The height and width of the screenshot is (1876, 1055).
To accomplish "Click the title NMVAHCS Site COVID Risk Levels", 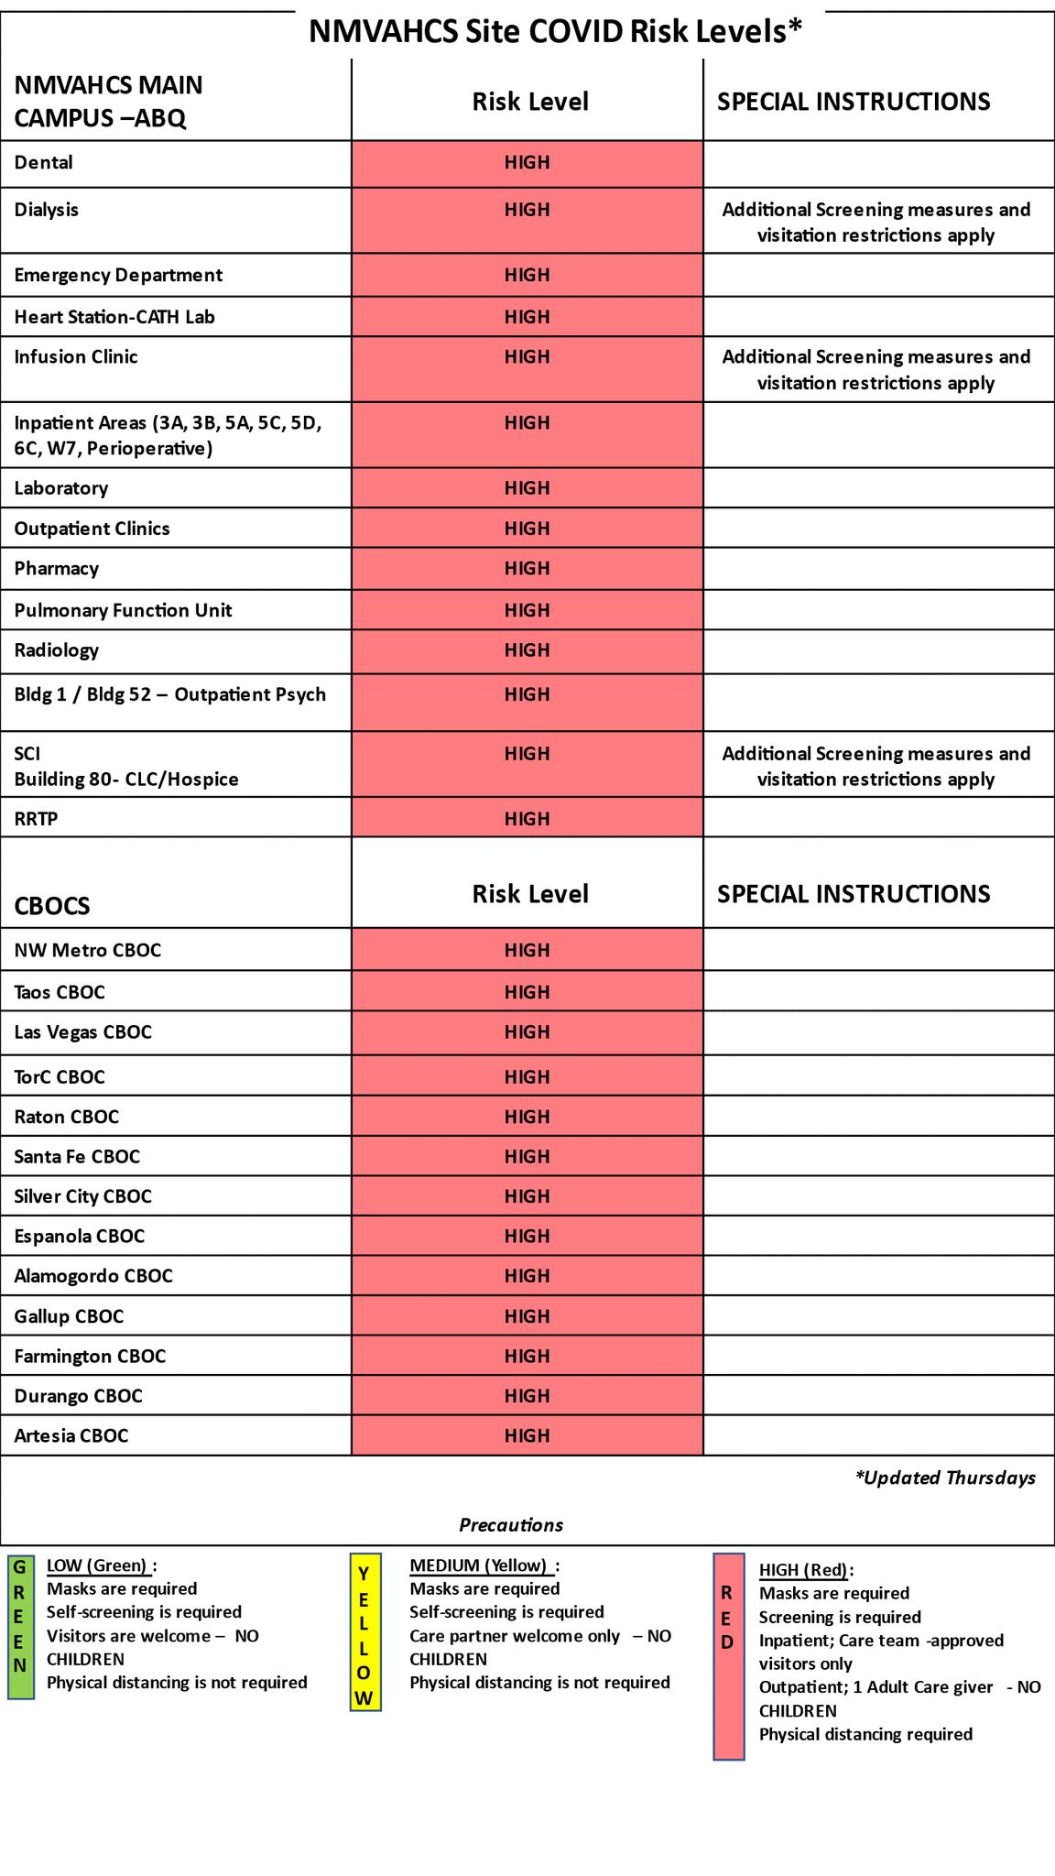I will point(555,31).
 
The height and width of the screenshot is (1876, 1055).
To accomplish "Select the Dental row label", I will point(43,163).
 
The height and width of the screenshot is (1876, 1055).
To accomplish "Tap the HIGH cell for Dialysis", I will point(527,211).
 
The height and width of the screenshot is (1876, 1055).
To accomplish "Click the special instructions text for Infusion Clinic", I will point(876,370).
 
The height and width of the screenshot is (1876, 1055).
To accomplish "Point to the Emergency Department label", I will point(118,276).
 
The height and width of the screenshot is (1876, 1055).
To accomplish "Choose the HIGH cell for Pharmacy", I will point(527,569).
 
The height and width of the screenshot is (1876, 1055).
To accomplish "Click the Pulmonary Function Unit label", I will point(123,611).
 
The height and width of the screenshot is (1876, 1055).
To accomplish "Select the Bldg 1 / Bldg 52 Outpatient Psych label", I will point(169,694).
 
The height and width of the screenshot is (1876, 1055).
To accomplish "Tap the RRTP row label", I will point(36,819).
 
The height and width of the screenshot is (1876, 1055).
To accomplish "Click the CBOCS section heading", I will point(52,906).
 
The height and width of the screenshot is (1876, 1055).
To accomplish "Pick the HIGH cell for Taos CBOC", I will point(527,992).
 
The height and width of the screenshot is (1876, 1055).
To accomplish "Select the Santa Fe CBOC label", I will point(77,1157).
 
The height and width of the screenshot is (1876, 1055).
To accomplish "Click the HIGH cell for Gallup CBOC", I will point(527,1316).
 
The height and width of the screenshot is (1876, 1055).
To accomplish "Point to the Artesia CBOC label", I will point(71,1435).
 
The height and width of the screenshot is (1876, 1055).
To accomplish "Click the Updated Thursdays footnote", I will point(945,1478).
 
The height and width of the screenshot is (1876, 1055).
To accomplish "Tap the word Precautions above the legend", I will point(511,1525).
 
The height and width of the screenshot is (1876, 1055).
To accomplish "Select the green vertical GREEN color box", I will point(20,1627).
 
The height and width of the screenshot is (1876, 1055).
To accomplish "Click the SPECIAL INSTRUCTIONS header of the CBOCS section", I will point(854,894).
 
